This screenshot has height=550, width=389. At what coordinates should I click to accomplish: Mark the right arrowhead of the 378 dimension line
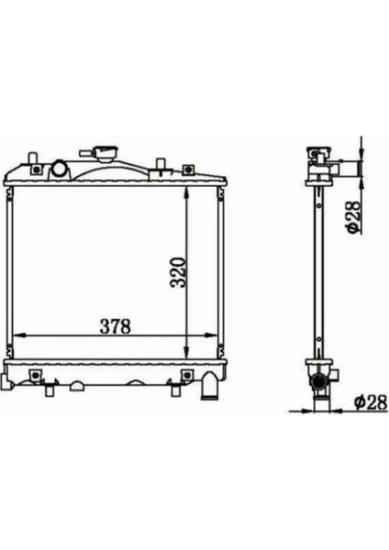[x=217, y=337]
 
